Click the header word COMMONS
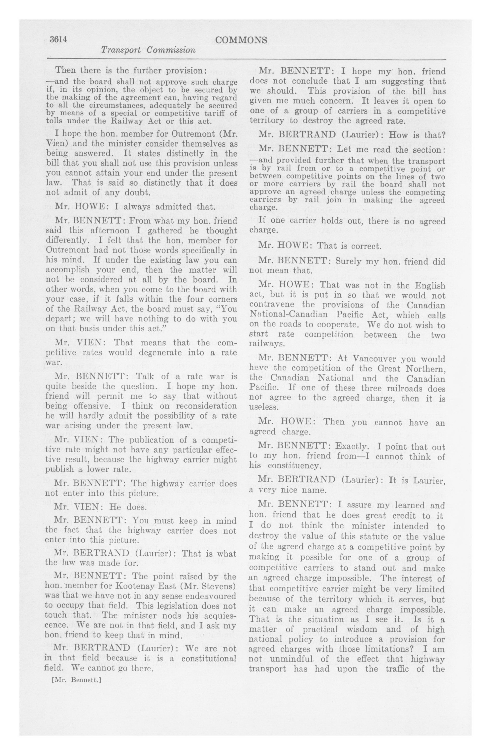coord(241,40)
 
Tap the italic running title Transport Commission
coord(148,50)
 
